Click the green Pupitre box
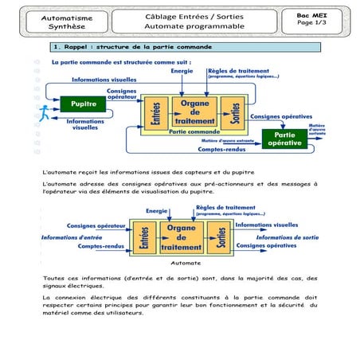(84, 104)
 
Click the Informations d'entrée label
(72, 237)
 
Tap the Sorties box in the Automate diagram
(215, 237)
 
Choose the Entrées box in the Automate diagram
(144, 237)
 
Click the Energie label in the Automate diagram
(156, 210)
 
